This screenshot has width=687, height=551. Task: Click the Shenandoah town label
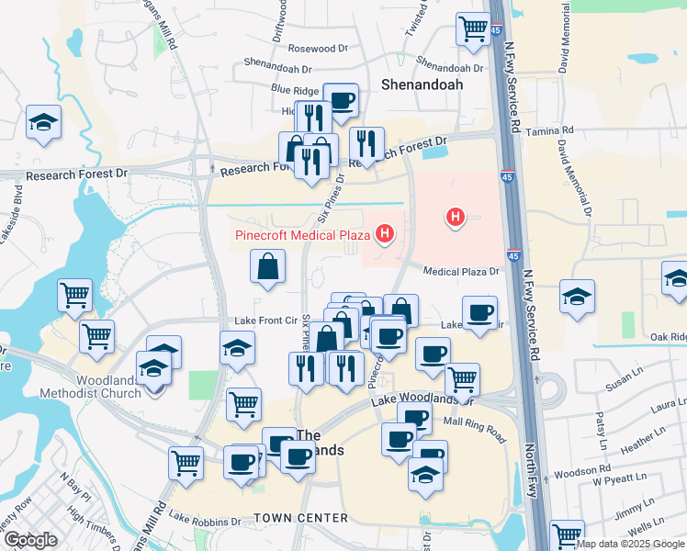422,84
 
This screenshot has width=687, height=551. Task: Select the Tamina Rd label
550,132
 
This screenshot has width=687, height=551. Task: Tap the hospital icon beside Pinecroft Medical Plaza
385,234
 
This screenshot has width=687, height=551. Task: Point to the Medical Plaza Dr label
460,271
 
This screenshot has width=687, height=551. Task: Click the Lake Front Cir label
264,320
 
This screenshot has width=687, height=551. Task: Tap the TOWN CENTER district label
301,518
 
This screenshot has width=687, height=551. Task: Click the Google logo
30,539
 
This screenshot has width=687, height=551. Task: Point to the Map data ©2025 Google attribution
630,544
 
